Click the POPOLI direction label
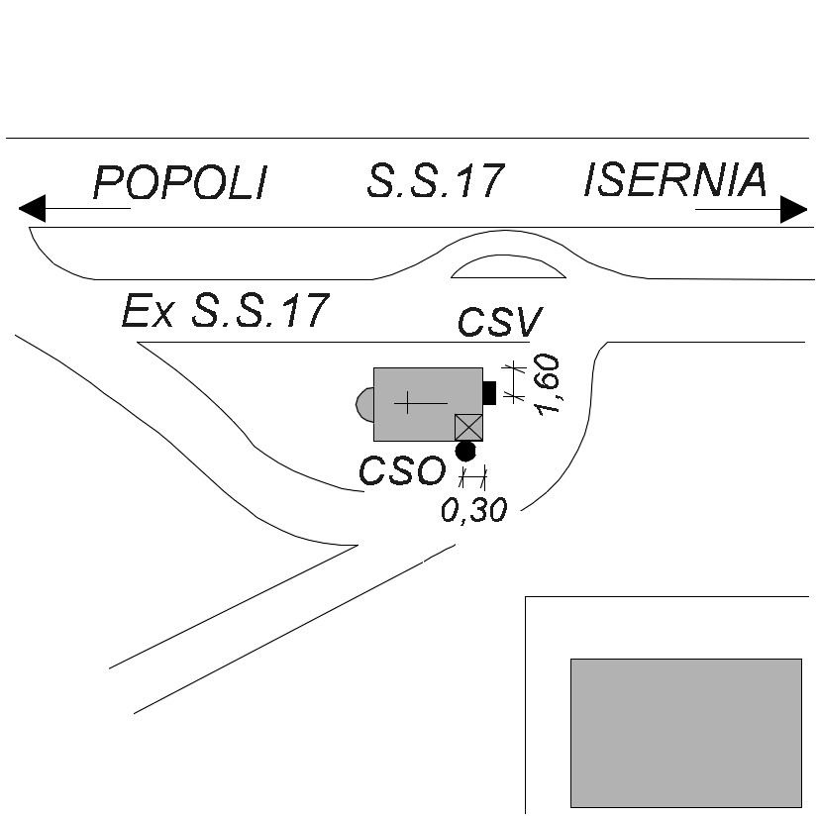coord(180,183)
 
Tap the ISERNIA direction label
coord(675,180)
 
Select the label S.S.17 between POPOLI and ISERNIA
coord(436,181)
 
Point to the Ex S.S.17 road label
coord(224,311)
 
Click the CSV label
coord(500,322)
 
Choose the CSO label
coord(401,471)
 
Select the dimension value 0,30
coord(473,510)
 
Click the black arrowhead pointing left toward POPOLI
coord(32,209)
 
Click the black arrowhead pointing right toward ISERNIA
coord(794,209)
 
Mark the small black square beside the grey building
coord(489,392)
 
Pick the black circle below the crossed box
coord(464,452)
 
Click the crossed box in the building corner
coord(468,427)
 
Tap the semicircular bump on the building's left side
coord(364,404)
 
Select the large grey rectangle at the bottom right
coord(685,732)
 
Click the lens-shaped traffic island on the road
coord(508,266)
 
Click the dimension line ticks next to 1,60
coord(513,382)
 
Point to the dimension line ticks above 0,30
coord(473,479)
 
